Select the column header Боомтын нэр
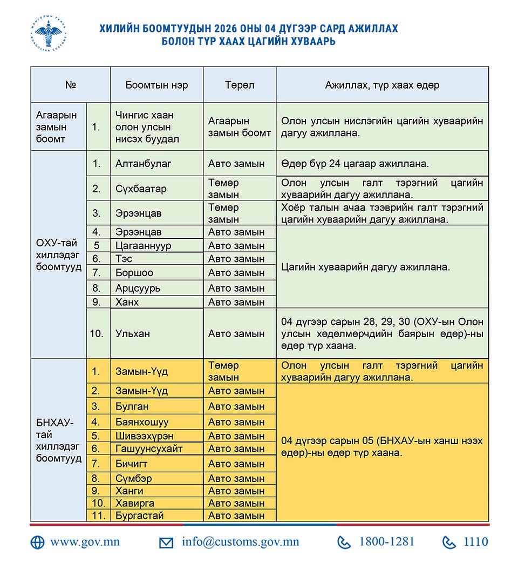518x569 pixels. (156, 85)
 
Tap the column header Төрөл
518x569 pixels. (240, 85)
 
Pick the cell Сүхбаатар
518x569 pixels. (141, 189)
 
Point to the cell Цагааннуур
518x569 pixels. (143, 245)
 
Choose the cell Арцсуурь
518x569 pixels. (138, 288)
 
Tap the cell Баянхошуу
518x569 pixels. (142, 422)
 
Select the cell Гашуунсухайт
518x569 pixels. (149, 448)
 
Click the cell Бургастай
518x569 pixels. (139, 516)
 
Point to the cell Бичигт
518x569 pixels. (131, 464)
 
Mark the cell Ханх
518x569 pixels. (127, 302)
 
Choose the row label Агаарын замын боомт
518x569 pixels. (57, 127)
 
